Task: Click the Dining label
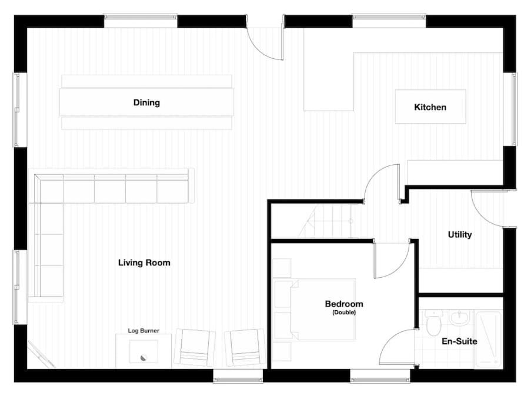[x=146, y=102]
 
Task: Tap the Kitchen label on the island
[x=430, y=107]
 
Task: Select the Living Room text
[x=144, y=263]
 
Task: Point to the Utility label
[x=459, y=235]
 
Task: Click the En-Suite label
[x=459, y=341]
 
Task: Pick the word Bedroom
[x=344, y=304]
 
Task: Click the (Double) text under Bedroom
[x=344, y=313]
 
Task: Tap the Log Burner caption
[x=143, y=330]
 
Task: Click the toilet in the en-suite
[x=433, y=323]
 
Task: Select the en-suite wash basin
[x=459, y=318]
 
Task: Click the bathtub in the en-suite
[x=488, y=339]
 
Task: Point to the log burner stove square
[x=143, y=351]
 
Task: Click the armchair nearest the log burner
[x=195, y=348]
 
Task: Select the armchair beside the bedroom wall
[x=245, y=348]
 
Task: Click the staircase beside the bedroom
[x=333, y=221]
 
